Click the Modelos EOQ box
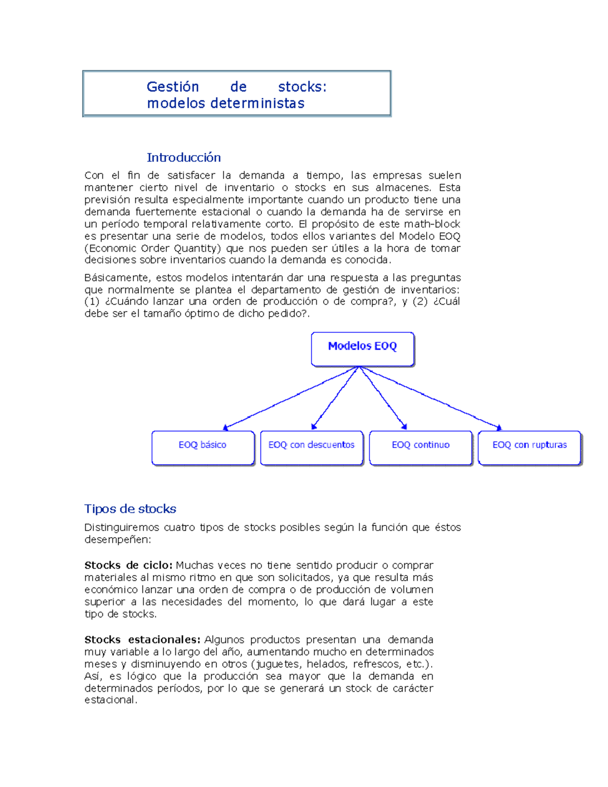tap(362, 348)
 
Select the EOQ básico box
tap(203, 447)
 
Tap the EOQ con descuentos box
tap(312, 447)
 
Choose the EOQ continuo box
tap(421, 447)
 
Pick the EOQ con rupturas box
tap(529, 447)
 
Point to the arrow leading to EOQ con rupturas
tap(431, 398)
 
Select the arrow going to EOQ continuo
tap(383, 398)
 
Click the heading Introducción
tap(183, 158)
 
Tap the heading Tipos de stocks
tap(130, 509)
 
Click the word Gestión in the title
tap(172, 87)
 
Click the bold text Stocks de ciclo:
tap(128, 565)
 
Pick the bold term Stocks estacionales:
tap(142, 640)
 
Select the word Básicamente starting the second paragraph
tap(118, 278)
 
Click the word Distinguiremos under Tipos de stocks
tap(122, 528)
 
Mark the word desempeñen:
tap(118, 540)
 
